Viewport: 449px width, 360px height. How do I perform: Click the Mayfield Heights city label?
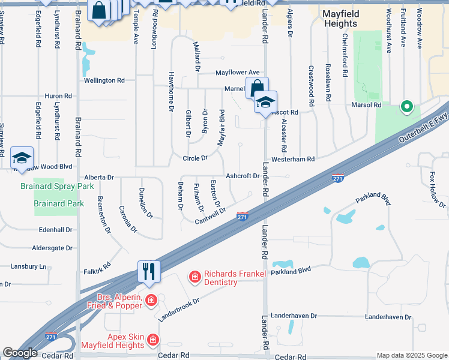348,18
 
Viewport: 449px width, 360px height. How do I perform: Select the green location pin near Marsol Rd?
406,107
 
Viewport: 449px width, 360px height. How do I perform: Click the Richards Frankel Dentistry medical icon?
194,277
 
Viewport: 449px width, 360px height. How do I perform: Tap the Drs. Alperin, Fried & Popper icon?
151,300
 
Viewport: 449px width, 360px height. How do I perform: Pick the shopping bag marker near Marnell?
256,88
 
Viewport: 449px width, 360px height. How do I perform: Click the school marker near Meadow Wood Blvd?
22,158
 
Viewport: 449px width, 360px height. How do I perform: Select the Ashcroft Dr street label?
242,176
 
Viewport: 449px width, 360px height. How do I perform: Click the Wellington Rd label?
104,80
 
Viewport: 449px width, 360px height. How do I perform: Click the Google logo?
20,353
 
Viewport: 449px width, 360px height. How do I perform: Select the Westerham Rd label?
294,160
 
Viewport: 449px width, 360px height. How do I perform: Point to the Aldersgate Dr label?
52,248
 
